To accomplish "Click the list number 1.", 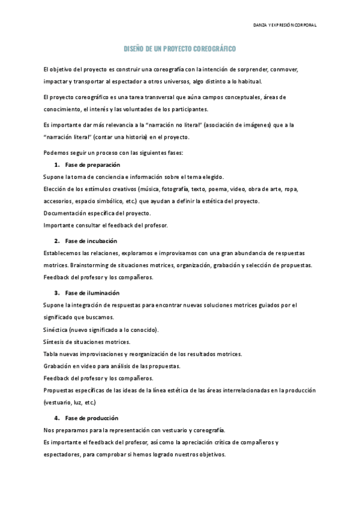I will pos(56,164).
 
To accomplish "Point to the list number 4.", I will pos(56,417).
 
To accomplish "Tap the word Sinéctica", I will pos(55,330).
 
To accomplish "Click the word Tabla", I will pos(51,354).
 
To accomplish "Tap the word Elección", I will pos(55,188).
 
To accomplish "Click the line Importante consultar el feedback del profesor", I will pos(106,225).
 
